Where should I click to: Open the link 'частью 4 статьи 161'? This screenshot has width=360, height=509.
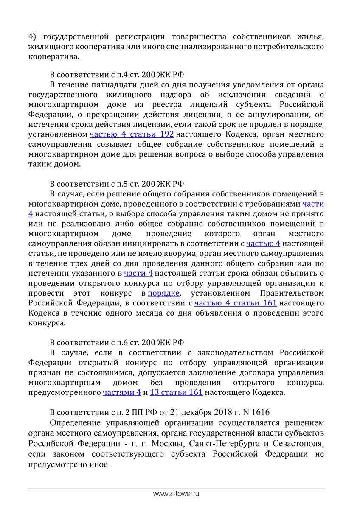(x=236, y=303)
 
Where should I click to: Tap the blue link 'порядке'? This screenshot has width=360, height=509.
(x=164, y=293)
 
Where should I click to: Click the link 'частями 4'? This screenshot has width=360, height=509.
(x=122, y=393)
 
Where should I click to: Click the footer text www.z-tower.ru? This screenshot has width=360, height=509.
(x=176, y=495)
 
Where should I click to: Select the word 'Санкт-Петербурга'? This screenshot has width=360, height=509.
(x=223, y=444)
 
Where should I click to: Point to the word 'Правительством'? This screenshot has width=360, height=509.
(x=291, y=293)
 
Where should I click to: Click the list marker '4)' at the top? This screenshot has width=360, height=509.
(x=33, y=36)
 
